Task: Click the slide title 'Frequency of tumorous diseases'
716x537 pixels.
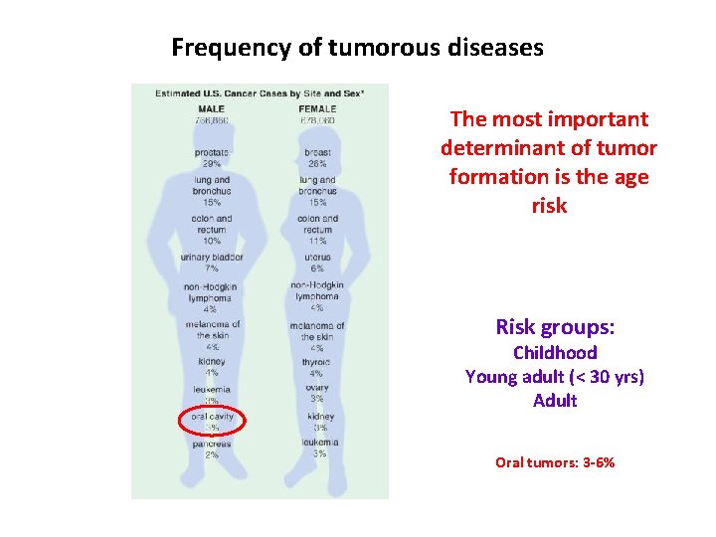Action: pyautogui.click(x=357, y=47)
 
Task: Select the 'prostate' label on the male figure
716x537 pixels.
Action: pyautogui.click(x=211, y=152)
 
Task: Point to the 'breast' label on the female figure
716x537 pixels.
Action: pyautogui.click(x=317, y=152)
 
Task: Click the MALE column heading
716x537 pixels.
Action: pyautogui.click(x=211, y=108)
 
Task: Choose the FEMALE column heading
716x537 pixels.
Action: pyautogui.click(x=317, y=108)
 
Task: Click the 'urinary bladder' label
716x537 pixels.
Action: pyautogui.click(x=211, y=258)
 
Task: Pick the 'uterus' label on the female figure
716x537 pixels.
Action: pyautogui.click(x=317, y=258)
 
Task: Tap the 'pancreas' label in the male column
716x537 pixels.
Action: pyautogui.click(x=211, y=444)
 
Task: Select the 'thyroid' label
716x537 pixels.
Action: pyautogui.click(x=316, y=362)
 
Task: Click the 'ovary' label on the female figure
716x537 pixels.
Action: pyautogui.click(x=316, y=388)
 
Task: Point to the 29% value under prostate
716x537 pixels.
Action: pyautogui.click(x=211, y=163)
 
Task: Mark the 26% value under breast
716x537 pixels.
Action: pyautogui.click(x=317, y=163)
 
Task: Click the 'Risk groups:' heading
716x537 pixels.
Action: pyautogui.click(x=554, y=327)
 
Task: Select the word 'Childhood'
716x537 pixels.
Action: pyautogui.click(x=554, y=353)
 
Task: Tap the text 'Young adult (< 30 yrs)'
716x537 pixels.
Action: pyautogui.click(x=554, y=377)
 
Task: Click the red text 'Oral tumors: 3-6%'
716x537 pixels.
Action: pyautogui.click(x=554, y=462)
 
